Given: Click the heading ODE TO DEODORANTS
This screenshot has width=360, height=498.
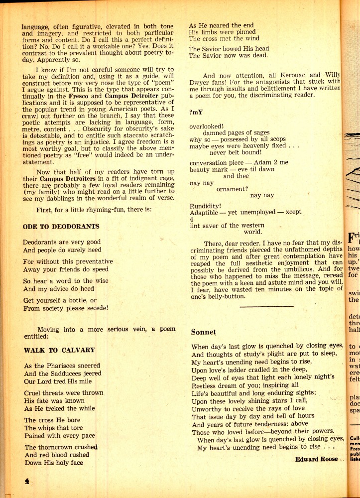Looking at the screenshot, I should (61, 227).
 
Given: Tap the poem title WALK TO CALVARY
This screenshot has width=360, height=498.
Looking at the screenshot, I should (59, 350).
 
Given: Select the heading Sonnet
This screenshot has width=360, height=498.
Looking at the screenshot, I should (204, 332).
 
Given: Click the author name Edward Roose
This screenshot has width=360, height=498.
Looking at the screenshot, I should (316, 459).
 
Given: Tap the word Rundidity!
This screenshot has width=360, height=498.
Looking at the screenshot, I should (206, 205).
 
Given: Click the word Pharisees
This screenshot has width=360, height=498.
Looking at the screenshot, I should (62, 366).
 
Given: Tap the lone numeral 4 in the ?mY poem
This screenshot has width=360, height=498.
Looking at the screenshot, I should (191, 219).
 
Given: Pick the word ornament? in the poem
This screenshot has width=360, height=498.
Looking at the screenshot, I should (232, 189).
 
